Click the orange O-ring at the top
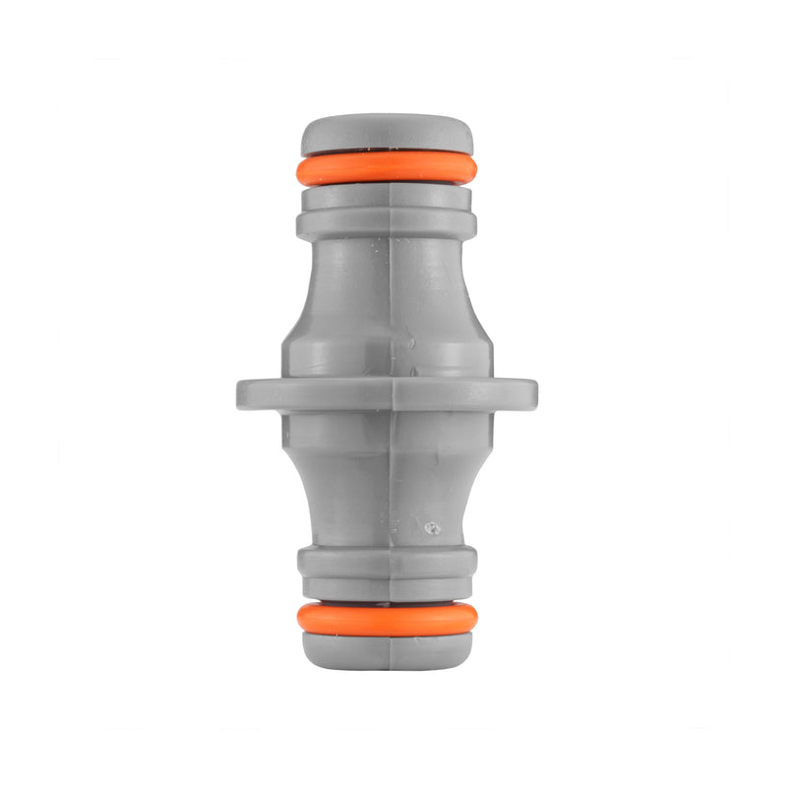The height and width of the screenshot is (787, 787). (387, 168)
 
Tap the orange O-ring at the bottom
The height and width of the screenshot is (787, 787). (387, 618)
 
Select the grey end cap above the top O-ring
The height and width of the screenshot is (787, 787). (387, 134)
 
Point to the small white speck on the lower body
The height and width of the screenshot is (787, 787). (430, 528)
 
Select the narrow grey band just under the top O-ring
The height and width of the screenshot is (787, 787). (387, 197)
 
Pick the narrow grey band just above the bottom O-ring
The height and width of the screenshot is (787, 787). (387, 588)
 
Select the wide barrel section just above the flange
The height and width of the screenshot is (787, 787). (387, 349)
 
